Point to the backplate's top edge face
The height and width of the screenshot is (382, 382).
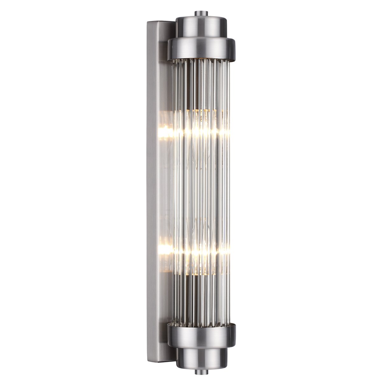pos(161,22)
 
